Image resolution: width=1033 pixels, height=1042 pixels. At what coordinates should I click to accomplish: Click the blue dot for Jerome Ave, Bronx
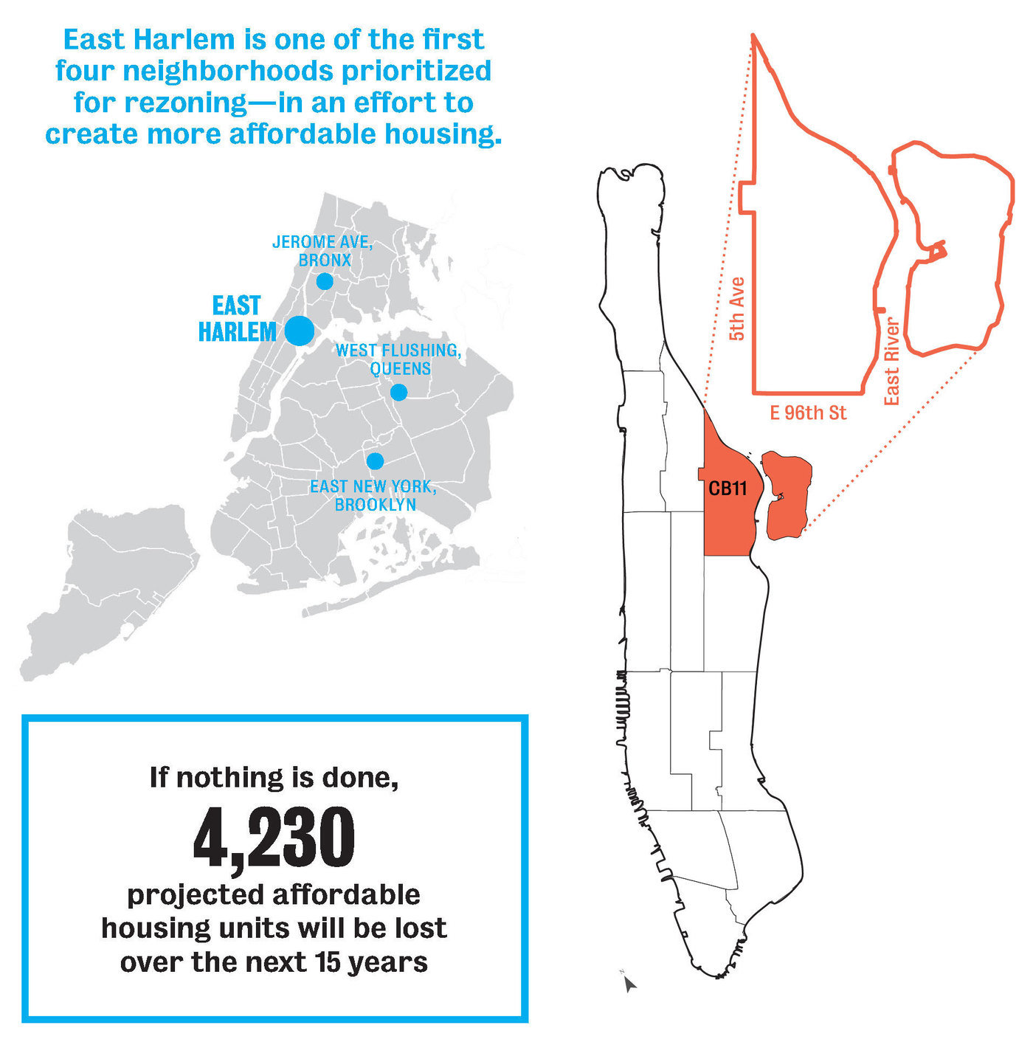(325, 281)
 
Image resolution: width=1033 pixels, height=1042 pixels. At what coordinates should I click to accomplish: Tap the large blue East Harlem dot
(300, 331)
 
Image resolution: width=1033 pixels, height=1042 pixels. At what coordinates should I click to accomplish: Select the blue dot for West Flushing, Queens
(398, 392)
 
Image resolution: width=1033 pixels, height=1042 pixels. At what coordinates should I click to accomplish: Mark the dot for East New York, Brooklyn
(375, 461)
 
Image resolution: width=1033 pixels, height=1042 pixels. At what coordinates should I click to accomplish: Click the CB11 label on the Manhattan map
(728, 489)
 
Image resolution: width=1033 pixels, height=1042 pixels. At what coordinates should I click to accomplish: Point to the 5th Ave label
(736, 308)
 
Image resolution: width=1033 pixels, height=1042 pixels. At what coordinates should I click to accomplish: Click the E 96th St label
(808, 413)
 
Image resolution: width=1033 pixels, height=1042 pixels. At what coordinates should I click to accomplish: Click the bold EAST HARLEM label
(237, 319)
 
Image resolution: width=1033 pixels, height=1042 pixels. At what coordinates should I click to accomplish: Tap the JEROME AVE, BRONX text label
(323, 251)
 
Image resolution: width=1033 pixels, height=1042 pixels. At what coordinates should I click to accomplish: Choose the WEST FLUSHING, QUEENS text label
(398, 359)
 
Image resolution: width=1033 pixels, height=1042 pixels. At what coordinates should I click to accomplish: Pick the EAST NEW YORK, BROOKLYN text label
(373, 495)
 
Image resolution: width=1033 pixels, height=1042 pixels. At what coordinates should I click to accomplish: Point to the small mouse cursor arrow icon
(629, 983)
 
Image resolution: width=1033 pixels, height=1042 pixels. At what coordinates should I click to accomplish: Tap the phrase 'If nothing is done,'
(274, 776)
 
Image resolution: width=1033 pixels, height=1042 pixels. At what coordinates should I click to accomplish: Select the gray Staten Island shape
(111, 590)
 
